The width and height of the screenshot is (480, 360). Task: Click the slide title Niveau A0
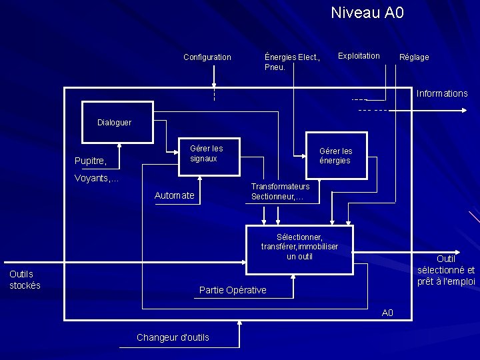click(367, 13)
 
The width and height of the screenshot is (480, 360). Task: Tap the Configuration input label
click(207, 57)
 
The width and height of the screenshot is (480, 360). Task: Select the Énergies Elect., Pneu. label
click(292, 62)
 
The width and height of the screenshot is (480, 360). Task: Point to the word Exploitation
click(359, 56)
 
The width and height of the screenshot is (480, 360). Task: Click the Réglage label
click(414, 57)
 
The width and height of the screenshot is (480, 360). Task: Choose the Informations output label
click(442, 93)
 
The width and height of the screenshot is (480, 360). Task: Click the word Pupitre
click(91, 161)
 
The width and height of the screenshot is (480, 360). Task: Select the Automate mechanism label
click(174, 195)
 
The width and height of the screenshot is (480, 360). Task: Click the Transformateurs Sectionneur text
click(280, 192)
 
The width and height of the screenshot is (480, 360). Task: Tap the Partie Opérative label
click(233, 290)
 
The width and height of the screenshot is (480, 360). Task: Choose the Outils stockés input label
click(25, 280)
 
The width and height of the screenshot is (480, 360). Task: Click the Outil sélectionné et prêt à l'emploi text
click(446, 270)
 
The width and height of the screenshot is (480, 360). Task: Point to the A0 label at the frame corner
click(387, 313)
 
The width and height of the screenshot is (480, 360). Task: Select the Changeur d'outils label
click(173, 337)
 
